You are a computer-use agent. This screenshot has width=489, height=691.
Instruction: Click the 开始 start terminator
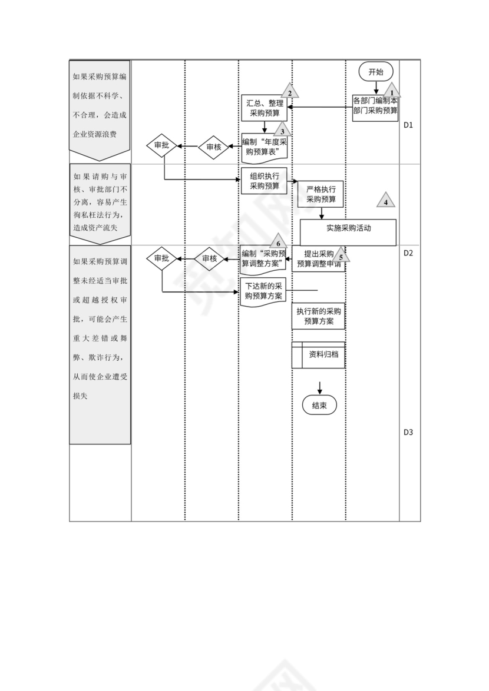(375, 72)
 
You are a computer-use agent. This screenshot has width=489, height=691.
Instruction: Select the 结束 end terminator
(319, 405)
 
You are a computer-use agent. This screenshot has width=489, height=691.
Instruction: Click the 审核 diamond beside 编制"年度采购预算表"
(213, 147)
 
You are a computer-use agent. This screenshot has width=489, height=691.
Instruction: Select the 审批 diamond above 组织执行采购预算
(161, 144)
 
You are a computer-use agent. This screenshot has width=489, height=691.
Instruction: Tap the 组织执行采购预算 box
(264, 181)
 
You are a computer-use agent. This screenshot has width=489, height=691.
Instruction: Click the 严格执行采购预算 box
(321, 195)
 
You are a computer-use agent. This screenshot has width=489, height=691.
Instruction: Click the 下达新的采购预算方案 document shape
(264, 291)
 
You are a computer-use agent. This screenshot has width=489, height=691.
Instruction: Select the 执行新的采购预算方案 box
(319, 317)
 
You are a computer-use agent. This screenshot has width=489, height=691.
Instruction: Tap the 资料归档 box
(319, 355)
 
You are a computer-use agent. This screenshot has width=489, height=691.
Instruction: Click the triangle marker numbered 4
(386, 200)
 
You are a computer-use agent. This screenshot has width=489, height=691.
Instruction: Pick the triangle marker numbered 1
(392, 90)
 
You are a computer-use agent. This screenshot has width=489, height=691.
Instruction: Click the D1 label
(408, 125)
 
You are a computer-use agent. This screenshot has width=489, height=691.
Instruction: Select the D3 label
(408, 432)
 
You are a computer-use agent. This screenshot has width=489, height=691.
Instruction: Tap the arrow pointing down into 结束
(320, 388)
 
